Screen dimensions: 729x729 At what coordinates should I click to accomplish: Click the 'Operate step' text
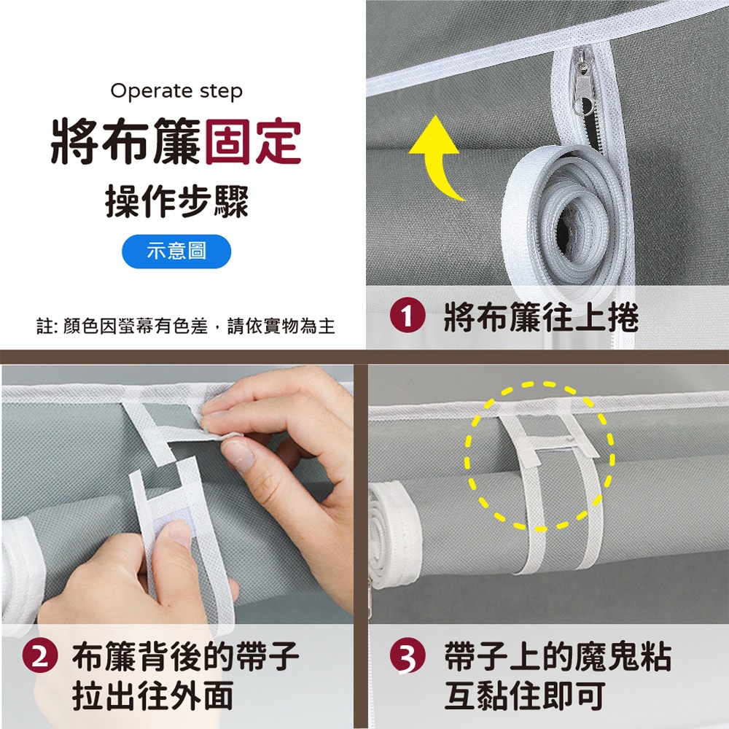(176, 91)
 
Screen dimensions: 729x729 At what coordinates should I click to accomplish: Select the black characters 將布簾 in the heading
(126, 143)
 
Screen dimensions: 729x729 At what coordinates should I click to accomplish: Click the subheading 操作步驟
(176, 200)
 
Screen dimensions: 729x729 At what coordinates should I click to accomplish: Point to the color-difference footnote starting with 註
(185, 326)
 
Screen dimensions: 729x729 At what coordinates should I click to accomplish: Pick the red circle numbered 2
(39, 658)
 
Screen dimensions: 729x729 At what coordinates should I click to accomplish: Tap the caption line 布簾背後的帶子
(185, 658)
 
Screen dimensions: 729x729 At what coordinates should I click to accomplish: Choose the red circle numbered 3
(406, 658)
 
